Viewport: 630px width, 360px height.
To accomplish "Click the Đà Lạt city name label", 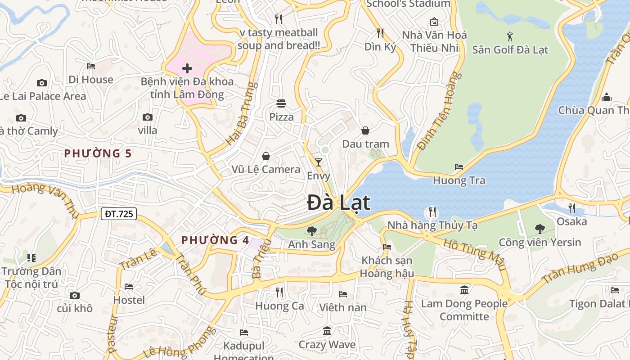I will (338, 202).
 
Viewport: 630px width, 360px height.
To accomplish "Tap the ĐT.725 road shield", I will (119, 214).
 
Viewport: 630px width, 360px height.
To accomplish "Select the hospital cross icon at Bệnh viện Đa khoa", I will (187, 68).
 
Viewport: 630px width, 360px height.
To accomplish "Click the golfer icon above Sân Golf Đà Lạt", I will (510, 36).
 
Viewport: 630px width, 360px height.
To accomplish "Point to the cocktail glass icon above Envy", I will (319, 162).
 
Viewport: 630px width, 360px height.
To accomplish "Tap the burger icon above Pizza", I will (281, 103).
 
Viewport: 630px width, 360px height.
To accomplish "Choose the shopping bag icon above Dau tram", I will (365, 130).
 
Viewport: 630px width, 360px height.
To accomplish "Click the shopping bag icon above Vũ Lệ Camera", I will (266, 156).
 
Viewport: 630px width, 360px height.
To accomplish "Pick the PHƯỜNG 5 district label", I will (98, 153).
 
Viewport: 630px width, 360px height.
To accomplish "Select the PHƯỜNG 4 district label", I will (215, 240).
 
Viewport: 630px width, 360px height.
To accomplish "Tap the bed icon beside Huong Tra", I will (459, 166).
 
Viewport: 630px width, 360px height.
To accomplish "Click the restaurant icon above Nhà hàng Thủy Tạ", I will (432, 211).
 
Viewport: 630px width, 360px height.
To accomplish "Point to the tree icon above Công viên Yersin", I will (540, 229).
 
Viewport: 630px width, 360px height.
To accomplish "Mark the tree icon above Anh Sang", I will (311, 231).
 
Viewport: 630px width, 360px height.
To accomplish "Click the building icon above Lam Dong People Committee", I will (464, 290).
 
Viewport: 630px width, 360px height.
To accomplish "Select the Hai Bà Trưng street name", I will (242, 113).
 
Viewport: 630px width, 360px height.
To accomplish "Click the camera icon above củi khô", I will (75, 295).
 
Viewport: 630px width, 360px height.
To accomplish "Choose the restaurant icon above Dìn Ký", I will (380, 33).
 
